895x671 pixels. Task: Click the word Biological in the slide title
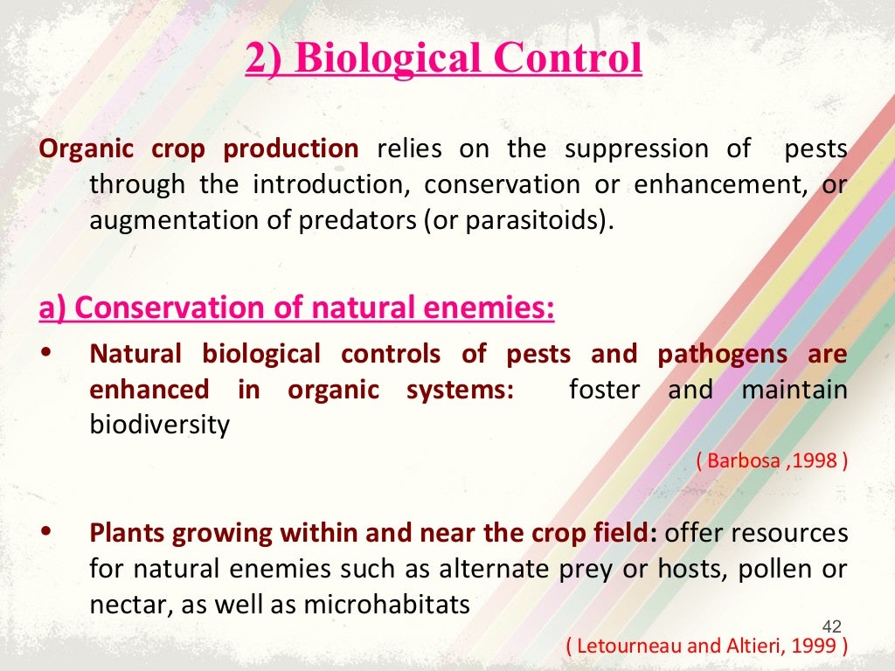[388, 59]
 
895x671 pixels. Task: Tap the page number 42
[832, 626]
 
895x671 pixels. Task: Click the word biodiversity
[159, 425]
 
